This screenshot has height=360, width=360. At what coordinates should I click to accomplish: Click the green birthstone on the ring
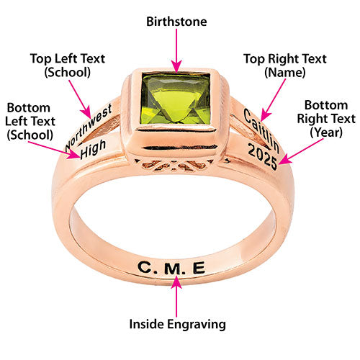[x=176, y=99]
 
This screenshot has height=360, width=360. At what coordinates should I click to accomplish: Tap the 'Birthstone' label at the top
[x=176, y=22]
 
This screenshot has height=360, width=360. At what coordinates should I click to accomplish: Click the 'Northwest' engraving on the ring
[x=89, y=128]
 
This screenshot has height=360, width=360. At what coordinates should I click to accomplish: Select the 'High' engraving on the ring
[x=93, y=149]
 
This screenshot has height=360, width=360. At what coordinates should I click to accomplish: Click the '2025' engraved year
[x=263, y=156]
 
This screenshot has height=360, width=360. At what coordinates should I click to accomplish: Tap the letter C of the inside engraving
[x=145, y=267]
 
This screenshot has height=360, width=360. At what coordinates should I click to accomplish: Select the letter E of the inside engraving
[x=199, y=268]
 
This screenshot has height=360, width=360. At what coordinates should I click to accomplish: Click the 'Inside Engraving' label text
[x=177, y=324]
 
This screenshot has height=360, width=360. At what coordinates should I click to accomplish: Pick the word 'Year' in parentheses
[x=326, y=132]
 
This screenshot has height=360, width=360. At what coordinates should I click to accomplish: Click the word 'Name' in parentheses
[x=285, y=72]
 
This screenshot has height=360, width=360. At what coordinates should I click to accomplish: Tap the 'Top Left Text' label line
[x=68, y=59]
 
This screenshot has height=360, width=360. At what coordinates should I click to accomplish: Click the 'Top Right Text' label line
[x=285, y=59]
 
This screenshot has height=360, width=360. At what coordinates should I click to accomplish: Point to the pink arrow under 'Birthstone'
[x=176, y=50]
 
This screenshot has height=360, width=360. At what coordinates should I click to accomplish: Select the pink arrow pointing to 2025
[x=301, y=152]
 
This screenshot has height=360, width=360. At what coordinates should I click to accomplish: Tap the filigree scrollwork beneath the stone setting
[x=174, y=165]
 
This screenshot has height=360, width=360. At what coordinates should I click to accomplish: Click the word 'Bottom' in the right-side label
[x=326, y=105]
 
